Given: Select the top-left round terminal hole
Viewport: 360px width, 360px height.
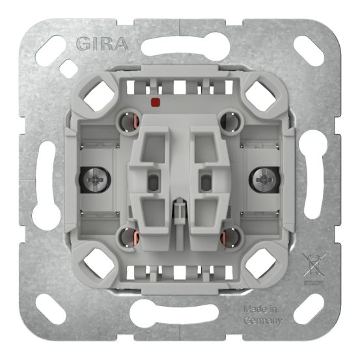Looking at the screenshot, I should pos(127,122).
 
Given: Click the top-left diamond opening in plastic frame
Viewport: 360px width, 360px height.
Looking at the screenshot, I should pos(98,95).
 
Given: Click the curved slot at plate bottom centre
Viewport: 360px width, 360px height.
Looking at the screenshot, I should pos(179,314).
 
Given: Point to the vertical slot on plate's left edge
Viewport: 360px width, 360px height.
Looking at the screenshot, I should pos(45,180).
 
